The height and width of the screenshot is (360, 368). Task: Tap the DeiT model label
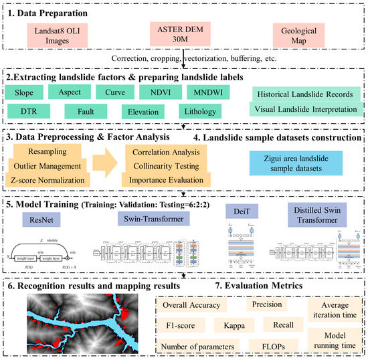[x=242, y=211]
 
